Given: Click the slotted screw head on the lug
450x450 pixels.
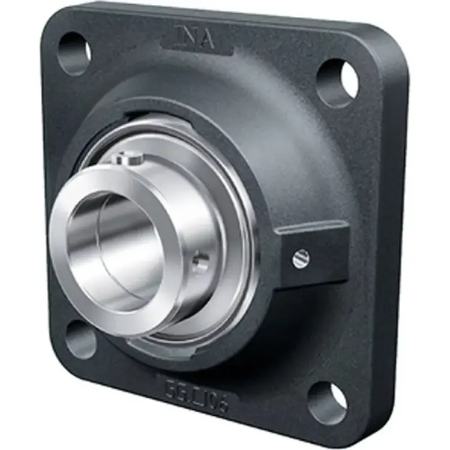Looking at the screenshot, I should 302,259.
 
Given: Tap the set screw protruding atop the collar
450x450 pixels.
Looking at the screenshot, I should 128,158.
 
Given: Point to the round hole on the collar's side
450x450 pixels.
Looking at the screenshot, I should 202,261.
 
